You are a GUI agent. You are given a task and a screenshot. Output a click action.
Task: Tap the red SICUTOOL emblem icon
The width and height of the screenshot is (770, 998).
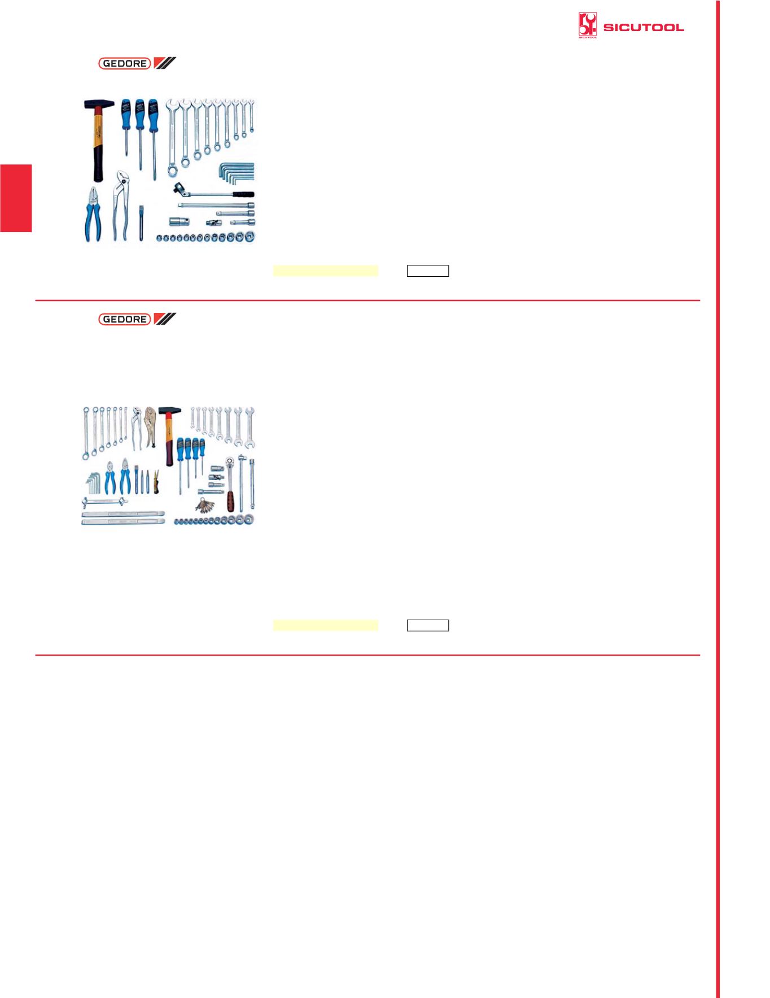pos(588,27)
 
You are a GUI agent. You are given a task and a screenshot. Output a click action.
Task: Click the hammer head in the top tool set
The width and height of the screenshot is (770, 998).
pos(99,104)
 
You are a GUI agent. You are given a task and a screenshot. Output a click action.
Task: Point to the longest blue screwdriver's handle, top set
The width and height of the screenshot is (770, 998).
pos(152,107)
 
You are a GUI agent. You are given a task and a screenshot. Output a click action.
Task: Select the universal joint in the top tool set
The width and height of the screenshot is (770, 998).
pos(215,222)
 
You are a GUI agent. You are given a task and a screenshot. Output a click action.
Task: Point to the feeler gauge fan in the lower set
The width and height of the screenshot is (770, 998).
pos(207,503)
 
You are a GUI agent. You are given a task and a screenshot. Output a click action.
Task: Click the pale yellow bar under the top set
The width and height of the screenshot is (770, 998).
pos(325,271)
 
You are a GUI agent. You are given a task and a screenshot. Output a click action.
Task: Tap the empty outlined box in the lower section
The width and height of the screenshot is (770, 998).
pos(428,625)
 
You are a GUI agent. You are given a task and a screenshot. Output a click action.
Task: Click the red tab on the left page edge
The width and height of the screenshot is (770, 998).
pos(16,198)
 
